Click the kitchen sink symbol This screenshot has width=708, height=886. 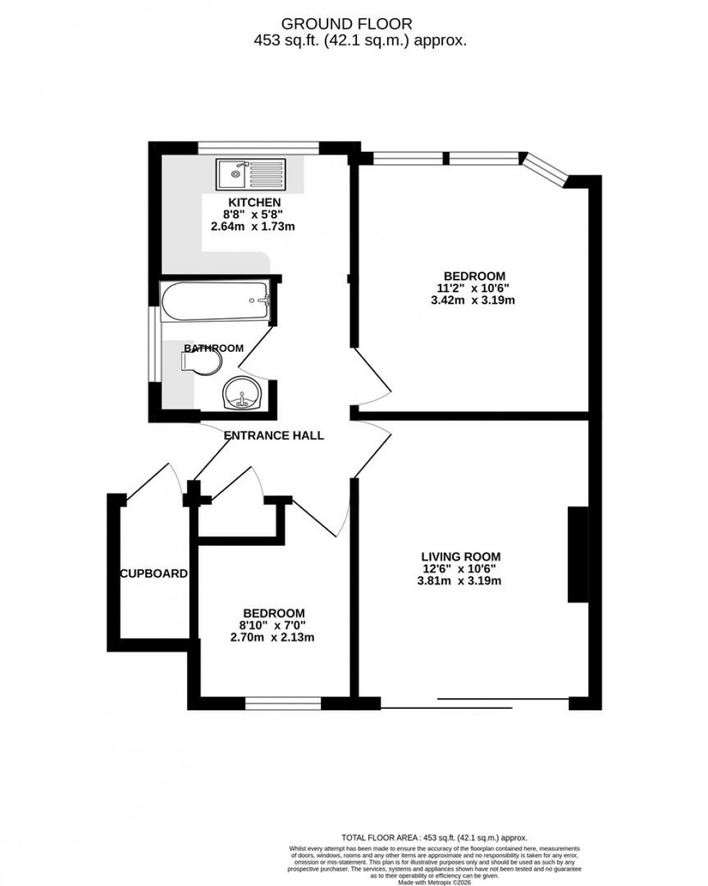(252, 173)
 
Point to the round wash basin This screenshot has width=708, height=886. (240, 395)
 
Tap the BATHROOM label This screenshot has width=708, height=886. (213, 348)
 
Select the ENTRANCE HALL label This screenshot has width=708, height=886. (273, 436)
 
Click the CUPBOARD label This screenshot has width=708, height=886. (154, 574)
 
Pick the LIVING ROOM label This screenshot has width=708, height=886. (461, 556)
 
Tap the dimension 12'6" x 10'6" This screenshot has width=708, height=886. (461, 569)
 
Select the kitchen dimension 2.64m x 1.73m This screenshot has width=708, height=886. (254, 226)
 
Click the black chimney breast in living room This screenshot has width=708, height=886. (577, 554)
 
